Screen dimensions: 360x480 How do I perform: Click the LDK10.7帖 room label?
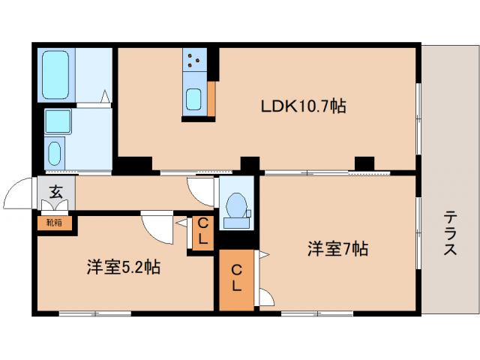[303, 107]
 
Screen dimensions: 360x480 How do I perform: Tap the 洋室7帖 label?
[337, 249]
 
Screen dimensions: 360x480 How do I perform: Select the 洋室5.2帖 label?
[121, 267]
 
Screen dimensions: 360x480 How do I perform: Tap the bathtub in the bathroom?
[55, 74]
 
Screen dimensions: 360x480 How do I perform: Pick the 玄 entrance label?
[56, 192]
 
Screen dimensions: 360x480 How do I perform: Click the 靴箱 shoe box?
[54, 222]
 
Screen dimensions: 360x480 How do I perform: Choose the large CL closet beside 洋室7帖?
[236, 278]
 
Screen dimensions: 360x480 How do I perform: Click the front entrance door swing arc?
[19, 194]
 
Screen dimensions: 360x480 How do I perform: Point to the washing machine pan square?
[57, 121]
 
